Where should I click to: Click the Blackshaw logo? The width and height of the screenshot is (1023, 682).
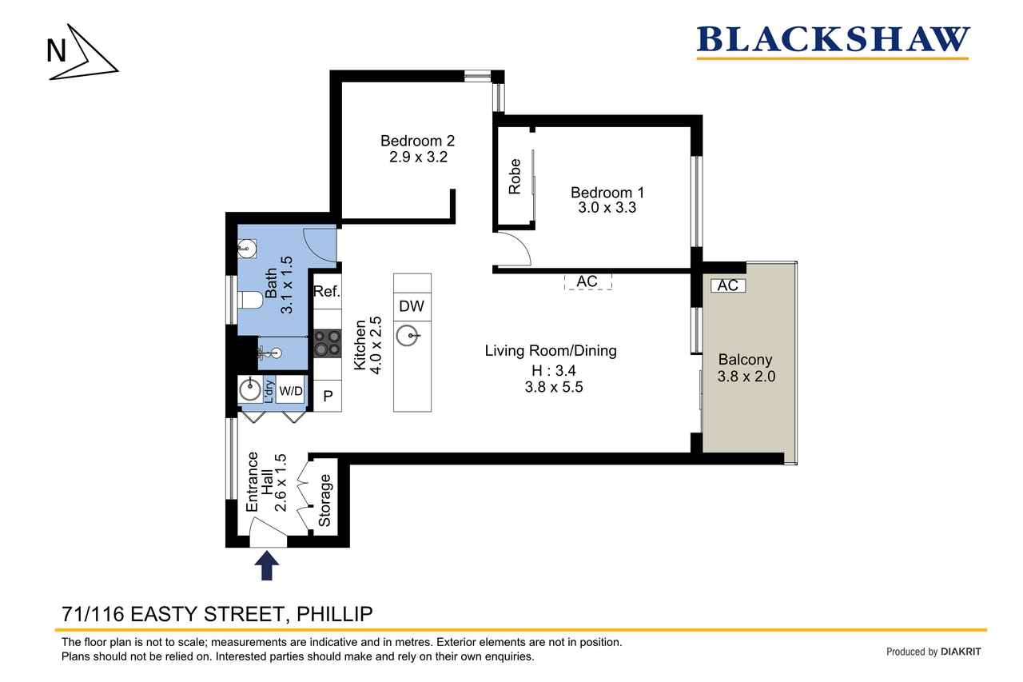click(x=833, y=42)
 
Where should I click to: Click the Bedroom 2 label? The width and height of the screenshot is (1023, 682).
click(x=417, y=140)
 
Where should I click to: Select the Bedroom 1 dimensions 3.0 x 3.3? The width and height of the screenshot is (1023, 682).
click(x=607, y=207)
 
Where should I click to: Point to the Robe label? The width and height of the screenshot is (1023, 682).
click(x=515, y=177)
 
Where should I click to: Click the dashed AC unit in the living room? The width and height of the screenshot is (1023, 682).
click(x=587, y=281)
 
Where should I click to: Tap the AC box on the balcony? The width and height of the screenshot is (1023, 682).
click(x=728, y=285)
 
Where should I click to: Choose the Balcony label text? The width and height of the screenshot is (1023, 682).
click(x=746, y=360)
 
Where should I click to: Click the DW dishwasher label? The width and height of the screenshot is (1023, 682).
click(x=412, y=306)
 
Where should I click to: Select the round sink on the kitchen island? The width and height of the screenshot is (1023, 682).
click(x=408, y=337)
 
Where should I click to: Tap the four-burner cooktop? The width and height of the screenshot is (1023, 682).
click(x=328, y=344)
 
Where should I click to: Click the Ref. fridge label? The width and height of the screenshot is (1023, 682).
click(x=327, y=291)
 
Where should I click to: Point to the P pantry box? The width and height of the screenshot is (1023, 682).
click(x=328, y=396)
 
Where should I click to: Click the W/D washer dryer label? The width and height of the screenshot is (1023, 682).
click(x=291, y=390)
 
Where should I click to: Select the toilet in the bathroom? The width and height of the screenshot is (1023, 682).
click(x=250, y=301)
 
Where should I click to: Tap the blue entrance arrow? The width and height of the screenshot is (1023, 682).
click(x=267, y=565)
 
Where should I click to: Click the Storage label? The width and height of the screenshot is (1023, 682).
click(x=324, y=501)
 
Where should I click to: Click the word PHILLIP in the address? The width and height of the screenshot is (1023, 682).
click(x=335, y=614)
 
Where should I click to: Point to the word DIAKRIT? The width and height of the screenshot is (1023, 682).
click(x=961, y=652)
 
